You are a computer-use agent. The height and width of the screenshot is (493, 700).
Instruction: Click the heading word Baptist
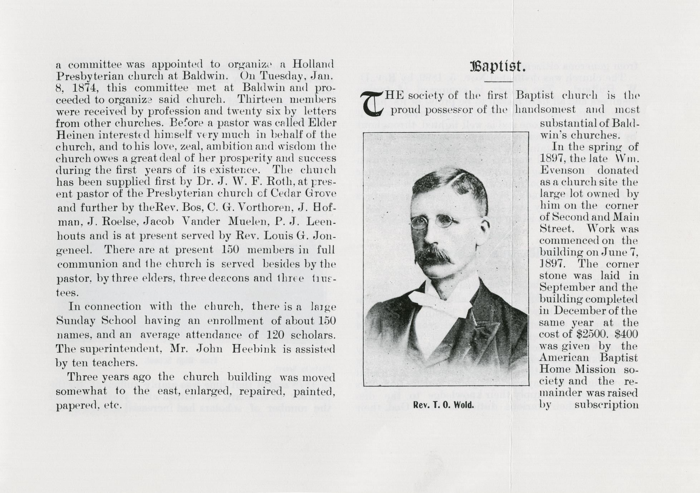498,66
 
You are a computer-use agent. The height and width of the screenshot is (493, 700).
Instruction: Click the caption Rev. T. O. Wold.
443,405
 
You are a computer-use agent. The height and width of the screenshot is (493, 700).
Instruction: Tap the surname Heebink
254,349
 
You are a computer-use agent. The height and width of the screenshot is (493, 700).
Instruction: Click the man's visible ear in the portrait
484,229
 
